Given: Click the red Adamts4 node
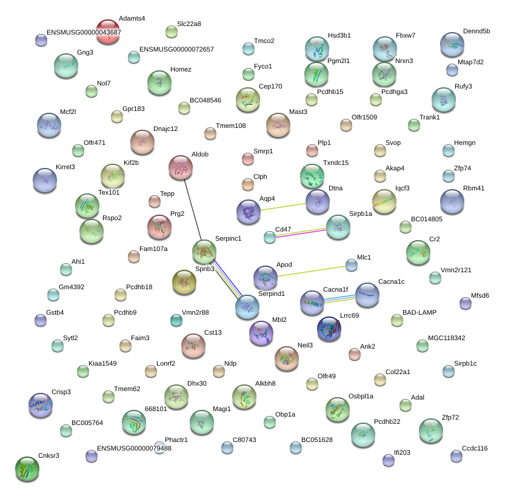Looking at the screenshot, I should point(108,32).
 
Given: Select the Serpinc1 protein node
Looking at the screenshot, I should point(204,251).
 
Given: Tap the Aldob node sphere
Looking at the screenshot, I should point(181,167).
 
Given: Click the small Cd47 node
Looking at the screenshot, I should point(270,237).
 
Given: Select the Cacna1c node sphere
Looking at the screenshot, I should point(367,295).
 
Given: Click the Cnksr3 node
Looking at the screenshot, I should point(27,468).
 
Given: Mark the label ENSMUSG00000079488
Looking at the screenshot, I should point(134,448).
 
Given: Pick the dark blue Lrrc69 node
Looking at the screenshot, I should point(329,328).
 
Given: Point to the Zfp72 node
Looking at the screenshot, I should point(431,430).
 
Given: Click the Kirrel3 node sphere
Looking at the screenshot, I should point(44,179).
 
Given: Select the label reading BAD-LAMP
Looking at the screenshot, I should point(419,312).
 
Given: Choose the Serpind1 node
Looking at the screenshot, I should point(247,307).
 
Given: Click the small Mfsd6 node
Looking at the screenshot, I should point(466,303).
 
